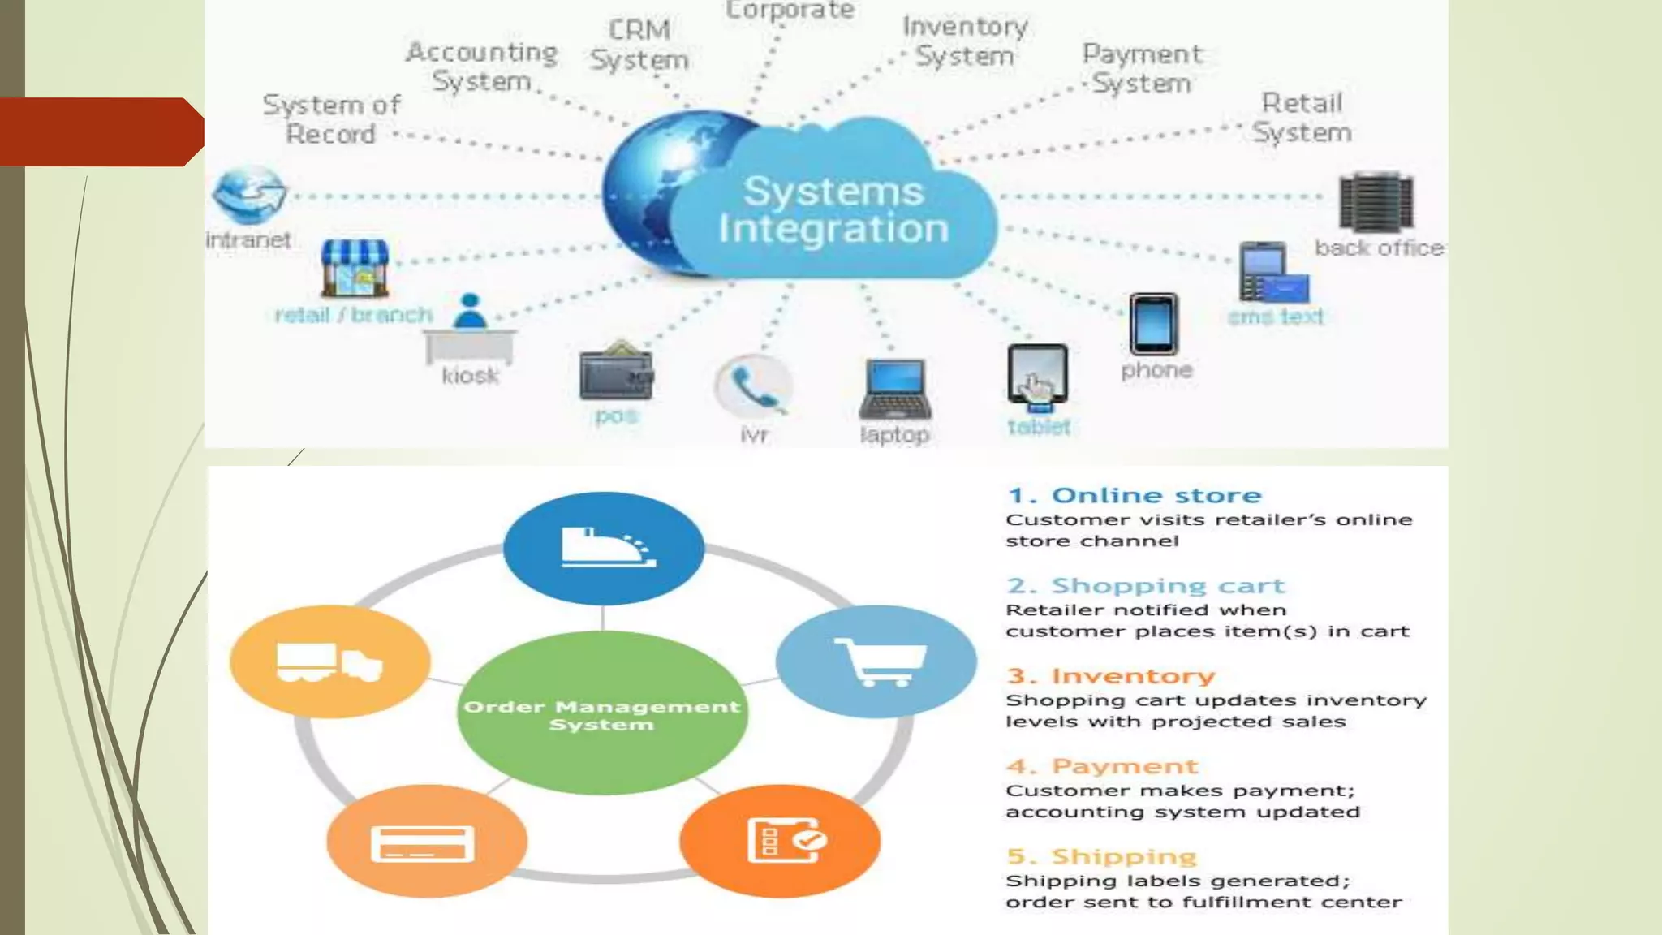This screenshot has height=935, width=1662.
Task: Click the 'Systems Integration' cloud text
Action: pos(833,210)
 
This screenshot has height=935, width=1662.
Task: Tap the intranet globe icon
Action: pos(248,195)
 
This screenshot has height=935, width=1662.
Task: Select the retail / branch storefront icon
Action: pos(355,269)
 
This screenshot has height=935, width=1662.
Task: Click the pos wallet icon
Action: pos(616,373)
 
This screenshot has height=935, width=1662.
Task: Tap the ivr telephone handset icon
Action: pos(753,386)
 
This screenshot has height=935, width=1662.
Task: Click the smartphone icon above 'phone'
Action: pos(1153,324)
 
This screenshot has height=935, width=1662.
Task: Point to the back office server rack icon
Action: pos(1376,202)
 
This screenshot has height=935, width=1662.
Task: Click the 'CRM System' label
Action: pos(639,45)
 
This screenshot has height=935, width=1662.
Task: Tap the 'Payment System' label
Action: pos(1142,68)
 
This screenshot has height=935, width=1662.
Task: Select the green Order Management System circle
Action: pos(602,714)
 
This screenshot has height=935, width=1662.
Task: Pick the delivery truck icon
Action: pos(329,662)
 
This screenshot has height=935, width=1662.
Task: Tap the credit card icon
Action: pos(423,843)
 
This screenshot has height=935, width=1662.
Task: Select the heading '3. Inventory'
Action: pos(1111,676)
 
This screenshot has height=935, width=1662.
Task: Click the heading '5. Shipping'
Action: pos(1102,857)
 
